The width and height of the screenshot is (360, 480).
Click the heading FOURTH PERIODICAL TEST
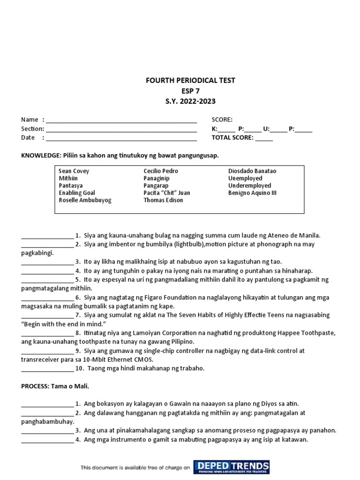pos(190,81)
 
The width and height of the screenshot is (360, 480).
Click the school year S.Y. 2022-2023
pos(190,101)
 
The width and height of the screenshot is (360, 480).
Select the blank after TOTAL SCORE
pos(264,139)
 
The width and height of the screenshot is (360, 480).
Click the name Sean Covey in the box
pos(74,171)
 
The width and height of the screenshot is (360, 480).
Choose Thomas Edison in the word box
pos(163,200)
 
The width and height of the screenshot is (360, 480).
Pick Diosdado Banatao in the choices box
pos(252,171)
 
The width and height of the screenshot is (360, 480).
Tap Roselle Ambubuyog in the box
pos(85,200)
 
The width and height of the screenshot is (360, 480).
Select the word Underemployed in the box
pos(249,186)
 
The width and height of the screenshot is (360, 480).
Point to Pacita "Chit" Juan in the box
pos(167,193)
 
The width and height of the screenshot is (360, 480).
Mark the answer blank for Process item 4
pos(47,441)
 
